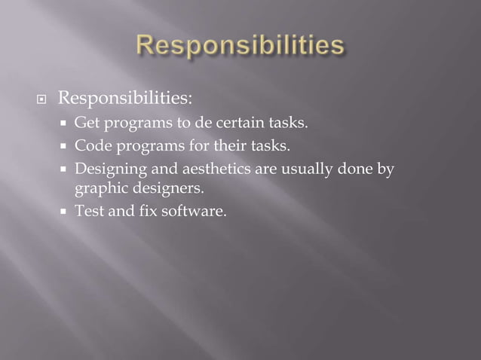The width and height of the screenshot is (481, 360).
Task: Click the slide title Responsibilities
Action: [240, 46]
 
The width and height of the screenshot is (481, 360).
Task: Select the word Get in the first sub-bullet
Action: [84, 123]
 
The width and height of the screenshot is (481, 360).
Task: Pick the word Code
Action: [88, 145]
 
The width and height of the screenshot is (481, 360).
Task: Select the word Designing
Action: [105, 169]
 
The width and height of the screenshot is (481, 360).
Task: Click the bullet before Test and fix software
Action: [66, 212]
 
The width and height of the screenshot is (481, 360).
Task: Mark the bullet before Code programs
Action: [66, 146]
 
